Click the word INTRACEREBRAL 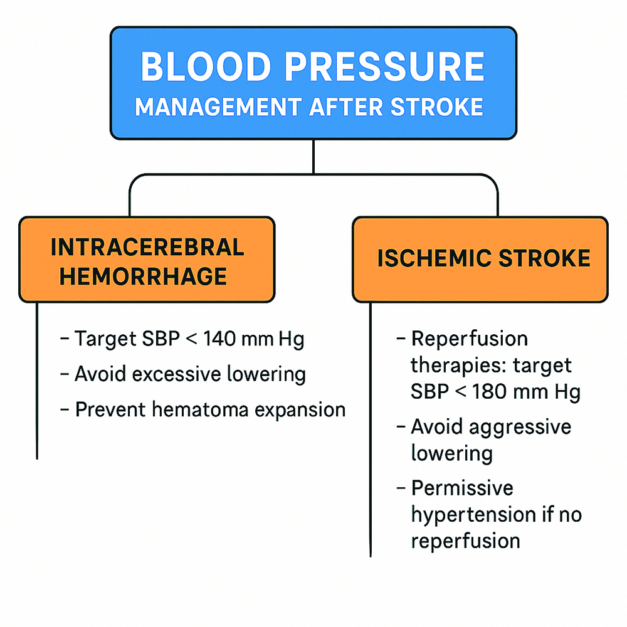147,247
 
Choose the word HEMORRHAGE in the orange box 144,276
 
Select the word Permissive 462,488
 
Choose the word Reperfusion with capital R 470,339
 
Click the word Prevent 110,409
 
